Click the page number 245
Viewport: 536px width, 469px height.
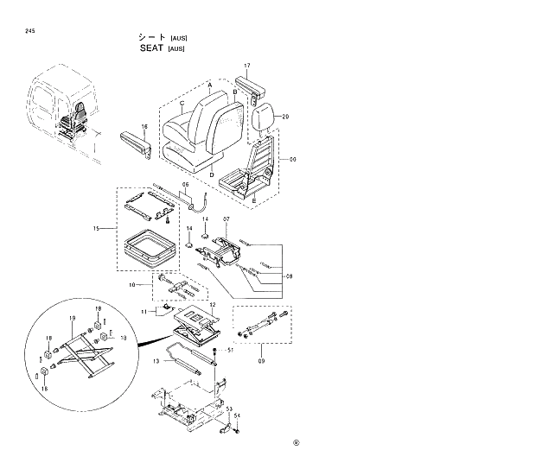click(30, 31)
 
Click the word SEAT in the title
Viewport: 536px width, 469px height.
click(153, 49)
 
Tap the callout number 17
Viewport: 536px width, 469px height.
click(246, 67)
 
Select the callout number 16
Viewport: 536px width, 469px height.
click(144, 126)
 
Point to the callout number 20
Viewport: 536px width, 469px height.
click(285, 117)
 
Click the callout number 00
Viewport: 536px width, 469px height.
click(292, 160)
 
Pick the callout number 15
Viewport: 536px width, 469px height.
click(97, 229)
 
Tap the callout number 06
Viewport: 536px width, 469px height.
click(184, 186)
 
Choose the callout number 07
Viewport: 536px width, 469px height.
click(226, 219)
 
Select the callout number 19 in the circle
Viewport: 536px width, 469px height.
click(73, 318)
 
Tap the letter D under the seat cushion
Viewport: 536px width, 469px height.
click(210, 175)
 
